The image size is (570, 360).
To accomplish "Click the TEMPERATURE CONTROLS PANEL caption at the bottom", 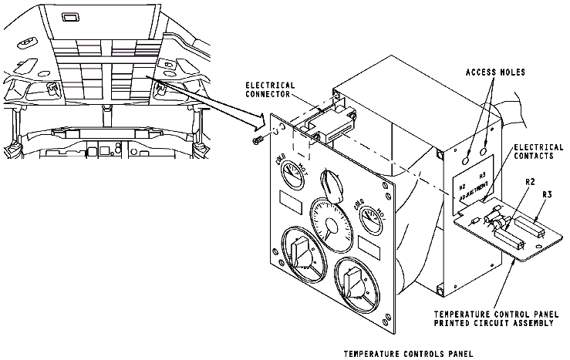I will (407, 354).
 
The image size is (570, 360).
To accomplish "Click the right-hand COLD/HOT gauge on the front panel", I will (368, 217).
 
